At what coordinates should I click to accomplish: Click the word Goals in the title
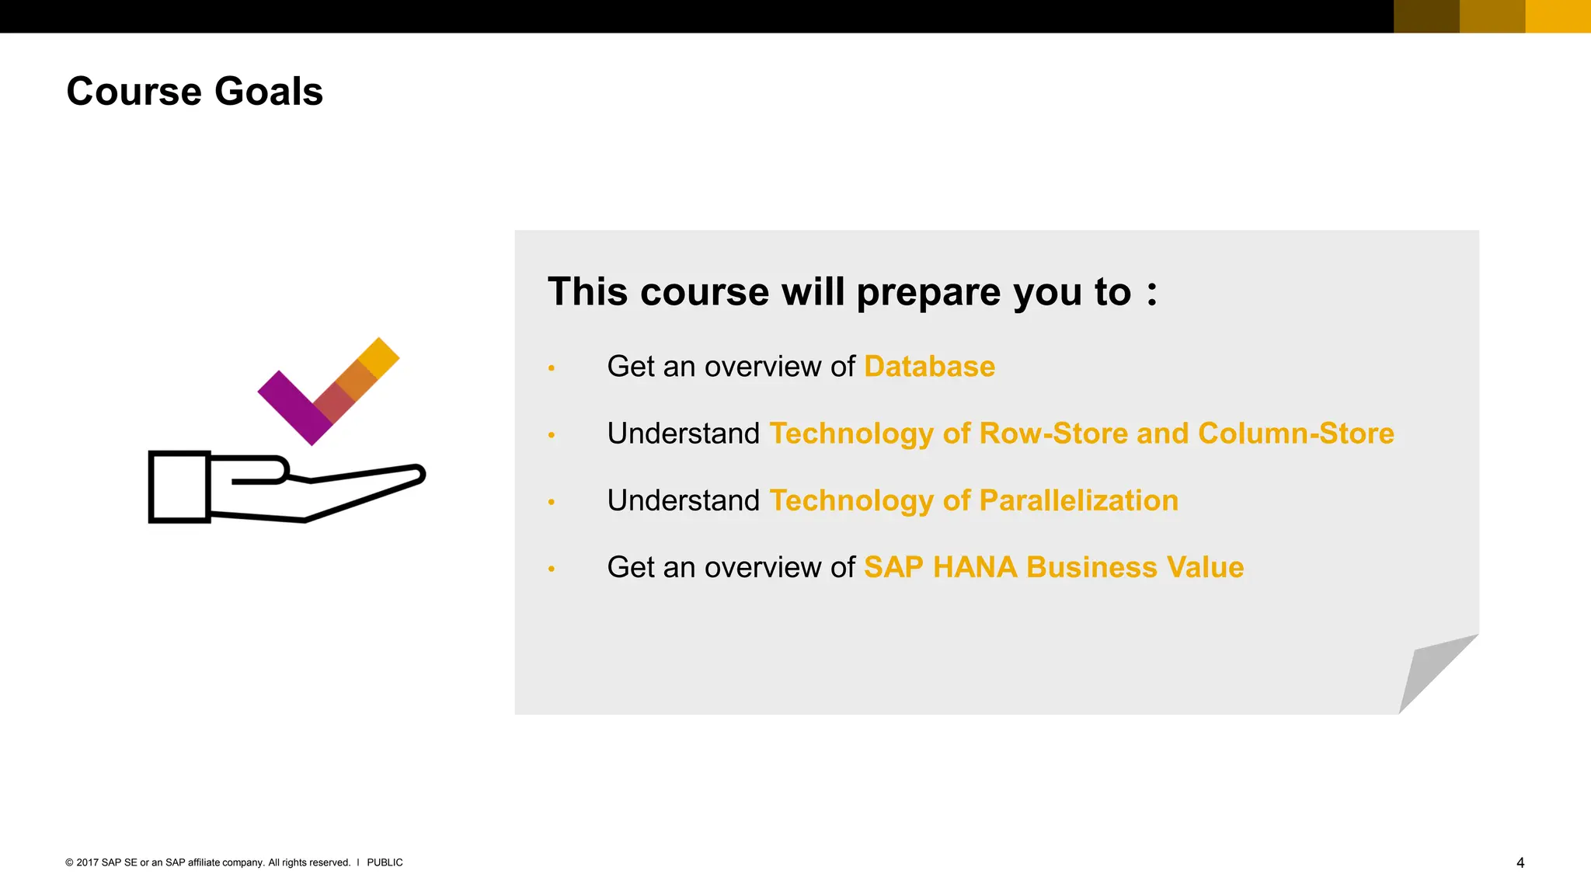pos(268,92)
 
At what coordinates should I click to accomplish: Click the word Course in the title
pos(134,92)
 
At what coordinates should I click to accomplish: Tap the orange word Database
pos(929,367)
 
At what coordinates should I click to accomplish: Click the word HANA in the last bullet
pos(974,568)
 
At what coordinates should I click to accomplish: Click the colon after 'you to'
pos(1151,294)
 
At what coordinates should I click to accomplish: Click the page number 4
pos(1520,863)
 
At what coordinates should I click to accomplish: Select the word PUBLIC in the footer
pos(385,863)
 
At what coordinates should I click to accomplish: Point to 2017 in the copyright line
pos(87,863)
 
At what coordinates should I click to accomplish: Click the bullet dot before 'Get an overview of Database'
pos(552,368)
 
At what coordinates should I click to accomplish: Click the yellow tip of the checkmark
pos(380,357)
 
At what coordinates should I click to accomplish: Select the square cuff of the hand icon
pos(179,487)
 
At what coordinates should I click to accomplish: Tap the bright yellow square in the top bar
pos(1558,16)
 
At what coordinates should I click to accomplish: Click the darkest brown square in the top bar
pos(1426,16)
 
